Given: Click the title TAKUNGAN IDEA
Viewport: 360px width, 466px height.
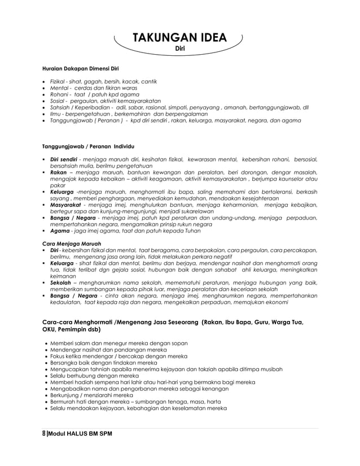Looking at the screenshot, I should coord(179,38).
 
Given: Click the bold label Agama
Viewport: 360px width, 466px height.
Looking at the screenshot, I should coord(59,231).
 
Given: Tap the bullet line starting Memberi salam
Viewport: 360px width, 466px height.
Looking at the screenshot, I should coord(119,343).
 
